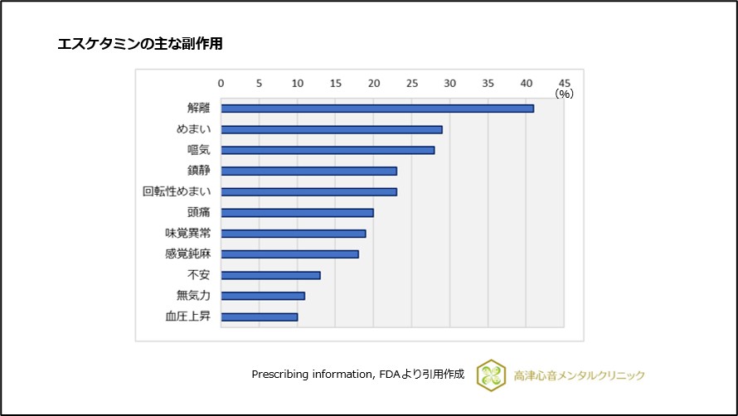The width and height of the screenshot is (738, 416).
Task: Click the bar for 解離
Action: (x=377, y=109)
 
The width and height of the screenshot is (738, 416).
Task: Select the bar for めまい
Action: (x=332, y=129)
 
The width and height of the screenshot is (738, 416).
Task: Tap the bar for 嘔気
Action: (x=328, y=150)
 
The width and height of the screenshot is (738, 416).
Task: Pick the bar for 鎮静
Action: (x=308, y=171)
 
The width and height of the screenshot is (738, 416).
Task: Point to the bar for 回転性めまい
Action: (x=308, y=191)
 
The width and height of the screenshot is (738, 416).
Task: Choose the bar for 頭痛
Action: (x=297, y=212)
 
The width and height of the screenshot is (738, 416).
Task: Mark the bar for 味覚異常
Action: (x=294, y=233)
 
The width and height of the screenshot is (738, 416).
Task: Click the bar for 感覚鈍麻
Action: (x=289, y=254)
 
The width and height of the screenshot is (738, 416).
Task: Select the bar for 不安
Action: (x=270, y=274)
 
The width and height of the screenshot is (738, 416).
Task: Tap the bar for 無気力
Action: (x=263, y=295)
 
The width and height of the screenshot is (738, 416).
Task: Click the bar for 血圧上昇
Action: (x=259, y=316)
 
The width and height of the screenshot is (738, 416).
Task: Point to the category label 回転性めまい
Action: (x=176, y=191)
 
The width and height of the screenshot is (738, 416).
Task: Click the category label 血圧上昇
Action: (x=187, y=316)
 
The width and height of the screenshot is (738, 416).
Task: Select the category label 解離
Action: (x=198, y=109)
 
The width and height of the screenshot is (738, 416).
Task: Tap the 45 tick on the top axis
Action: (x=565, y=83)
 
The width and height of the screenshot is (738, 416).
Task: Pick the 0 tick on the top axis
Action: (x=221, y=83)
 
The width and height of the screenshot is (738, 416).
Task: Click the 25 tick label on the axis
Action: (x=412, y=83)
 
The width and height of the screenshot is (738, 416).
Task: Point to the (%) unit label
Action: (x=564, y=94)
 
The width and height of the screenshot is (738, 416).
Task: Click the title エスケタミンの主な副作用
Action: (x=139, y=44)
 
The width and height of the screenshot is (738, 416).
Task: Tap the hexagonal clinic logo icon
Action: (x=491, y=375)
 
